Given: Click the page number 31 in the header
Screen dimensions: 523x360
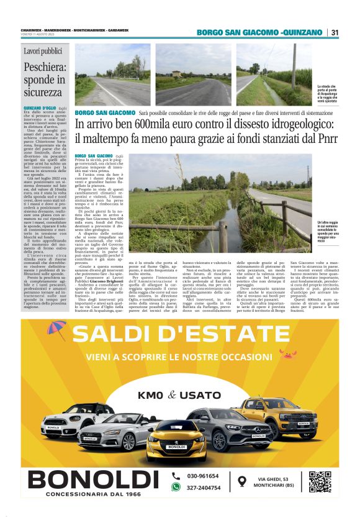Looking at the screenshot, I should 335,32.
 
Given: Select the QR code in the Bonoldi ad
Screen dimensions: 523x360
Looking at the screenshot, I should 320,482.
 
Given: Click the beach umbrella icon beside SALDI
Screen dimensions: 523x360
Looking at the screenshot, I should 56,329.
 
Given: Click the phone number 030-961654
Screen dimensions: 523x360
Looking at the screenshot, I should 204,476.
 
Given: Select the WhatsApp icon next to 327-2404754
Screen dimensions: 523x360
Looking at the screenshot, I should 176,488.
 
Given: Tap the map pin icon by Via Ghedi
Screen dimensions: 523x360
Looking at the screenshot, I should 242,481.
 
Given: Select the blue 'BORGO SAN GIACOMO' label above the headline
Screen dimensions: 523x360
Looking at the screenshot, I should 104,112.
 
